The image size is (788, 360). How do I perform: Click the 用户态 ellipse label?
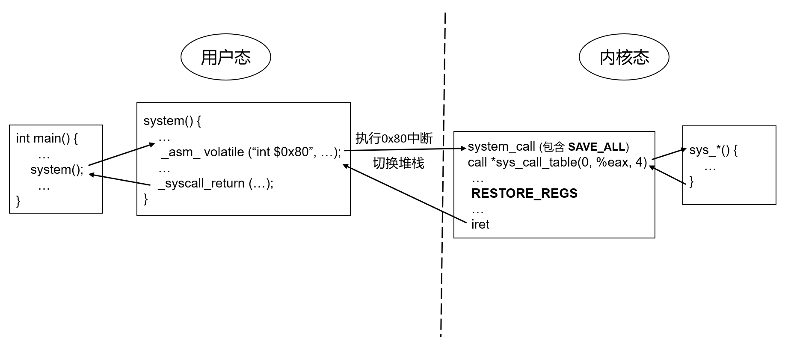225,57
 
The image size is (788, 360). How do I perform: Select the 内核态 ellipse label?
624,57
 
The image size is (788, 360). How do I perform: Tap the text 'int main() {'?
47,138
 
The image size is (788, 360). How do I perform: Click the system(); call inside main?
57,170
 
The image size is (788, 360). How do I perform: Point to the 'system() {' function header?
172,121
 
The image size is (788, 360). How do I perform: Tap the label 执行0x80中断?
394,138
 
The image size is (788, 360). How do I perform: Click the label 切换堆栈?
398,163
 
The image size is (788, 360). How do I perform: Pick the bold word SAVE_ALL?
596,147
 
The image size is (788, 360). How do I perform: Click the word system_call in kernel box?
501,146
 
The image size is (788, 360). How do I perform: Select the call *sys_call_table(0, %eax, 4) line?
557,162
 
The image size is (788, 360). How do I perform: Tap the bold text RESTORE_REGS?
524,193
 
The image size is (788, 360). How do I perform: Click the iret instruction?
480,224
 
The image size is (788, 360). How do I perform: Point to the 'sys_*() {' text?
713,150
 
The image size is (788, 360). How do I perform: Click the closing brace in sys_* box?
691,181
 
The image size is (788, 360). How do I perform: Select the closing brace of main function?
18,201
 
